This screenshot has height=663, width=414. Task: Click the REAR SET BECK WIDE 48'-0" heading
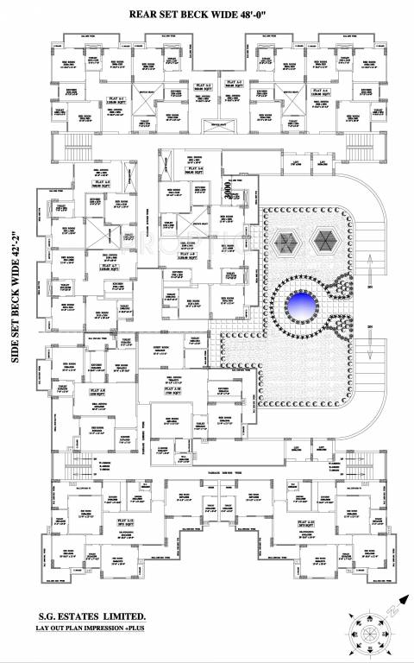(207, 15)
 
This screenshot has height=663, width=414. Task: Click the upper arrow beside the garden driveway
(370, 279)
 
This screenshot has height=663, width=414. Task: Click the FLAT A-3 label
(233, 83)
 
